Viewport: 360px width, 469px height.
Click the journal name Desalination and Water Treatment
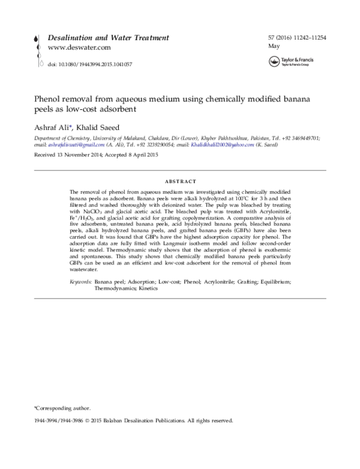[x=108, y=37]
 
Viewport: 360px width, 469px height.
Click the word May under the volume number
[x=274, y=46]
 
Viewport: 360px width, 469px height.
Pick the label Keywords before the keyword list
[x=81, y=281]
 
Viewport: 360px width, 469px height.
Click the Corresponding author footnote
[x=62, y=407]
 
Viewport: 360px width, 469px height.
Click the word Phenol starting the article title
[x=47, y=99]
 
